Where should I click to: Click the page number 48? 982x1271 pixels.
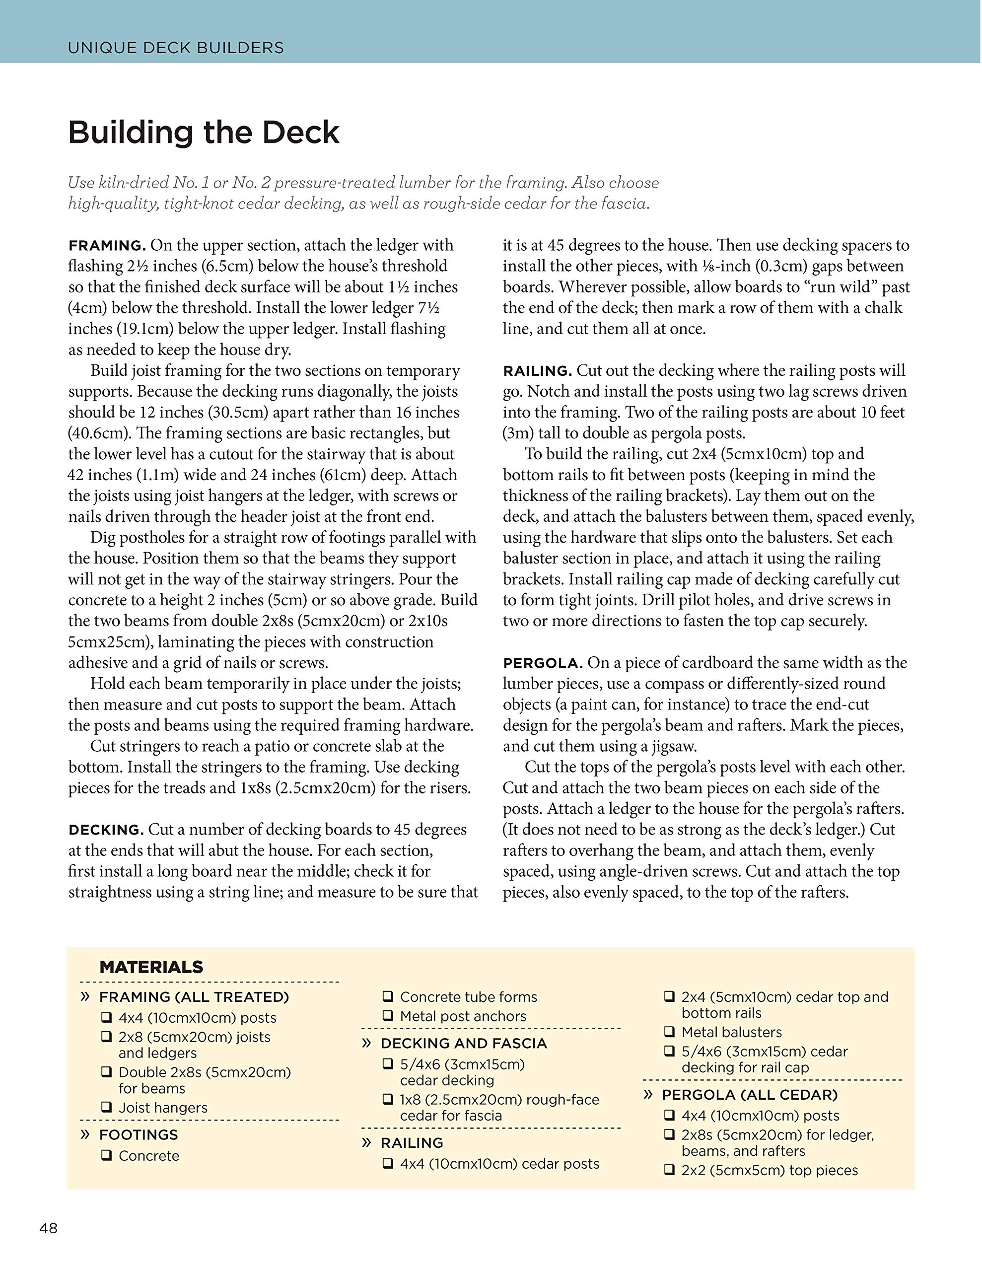point(48,1228)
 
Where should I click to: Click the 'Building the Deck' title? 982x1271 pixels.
point(203,133)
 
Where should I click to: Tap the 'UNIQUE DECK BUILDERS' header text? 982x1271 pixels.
point(176,48)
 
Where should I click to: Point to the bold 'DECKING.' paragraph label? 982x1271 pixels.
point(106,830)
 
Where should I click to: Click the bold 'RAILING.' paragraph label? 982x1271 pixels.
point(538,371)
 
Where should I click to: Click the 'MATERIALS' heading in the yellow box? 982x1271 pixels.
point(151,967)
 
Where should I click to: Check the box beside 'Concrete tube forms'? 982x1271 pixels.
point(387,997)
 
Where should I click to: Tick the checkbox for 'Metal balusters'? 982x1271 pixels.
point(669,1032)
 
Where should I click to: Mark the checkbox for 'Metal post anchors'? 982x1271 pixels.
point(387,1016)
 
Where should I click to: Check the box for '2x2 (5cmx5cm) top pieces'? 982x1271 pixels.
point(669,1170)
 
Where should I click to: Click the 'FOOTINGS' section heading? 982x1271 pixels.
point(139,1134)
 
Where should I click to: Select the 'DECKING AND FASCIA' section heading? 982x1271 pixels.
point(463,1043)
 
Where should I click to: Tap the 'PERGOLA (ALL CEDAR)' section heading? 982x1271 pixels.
point(749,1095)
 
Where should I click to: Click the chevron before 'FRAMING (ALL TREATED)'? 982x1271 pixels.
point(85,997)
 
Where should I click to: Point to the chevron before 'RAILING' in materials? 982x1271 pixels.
point(366,1142)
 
